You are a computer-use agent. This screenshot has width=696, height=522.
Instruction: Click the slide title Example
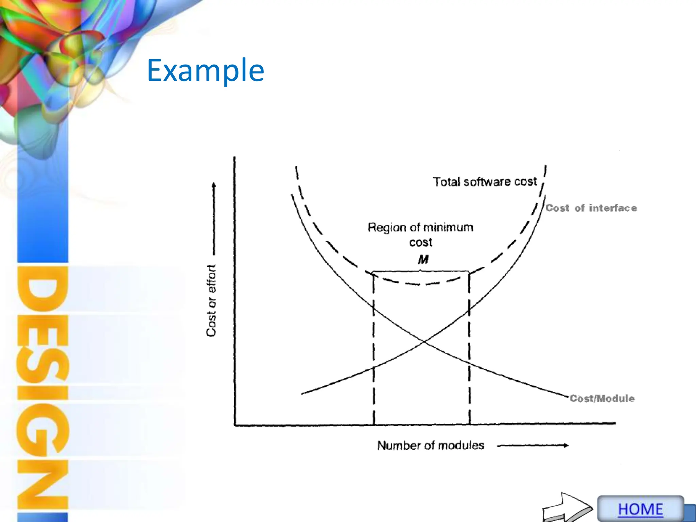[205, 70]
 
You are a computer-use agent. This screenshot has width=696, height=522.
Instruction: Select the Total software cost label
[484, 181]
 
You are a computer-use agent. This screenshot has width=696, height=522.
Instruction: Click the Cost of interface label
[591, 208]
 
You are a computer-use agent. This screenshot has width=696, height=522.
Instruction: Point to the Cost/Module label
[602, 398]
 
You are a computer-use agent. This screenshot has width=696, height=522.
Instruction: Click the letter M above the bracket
[423, 260]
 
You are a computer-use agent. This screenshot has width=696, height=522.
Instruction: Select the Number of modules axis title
[431, 446]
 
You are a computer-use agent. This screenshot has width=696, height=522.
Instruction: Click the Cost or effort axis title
[211, 300]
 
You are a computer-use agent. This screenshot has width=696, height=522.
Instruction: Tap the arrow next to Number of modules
[533, 446]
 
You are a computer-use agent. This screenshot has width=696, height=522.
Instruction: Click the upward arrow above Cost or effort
[214, 217]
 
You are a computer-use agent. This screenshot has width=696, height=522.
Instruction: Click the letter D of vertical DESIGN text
[43, 289]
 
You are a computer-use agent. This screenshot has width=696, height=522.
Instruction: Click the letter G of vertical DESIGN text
[43, 430]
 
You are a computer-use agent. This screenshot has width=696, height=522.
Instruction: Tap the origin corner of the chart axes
[234, 425]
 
